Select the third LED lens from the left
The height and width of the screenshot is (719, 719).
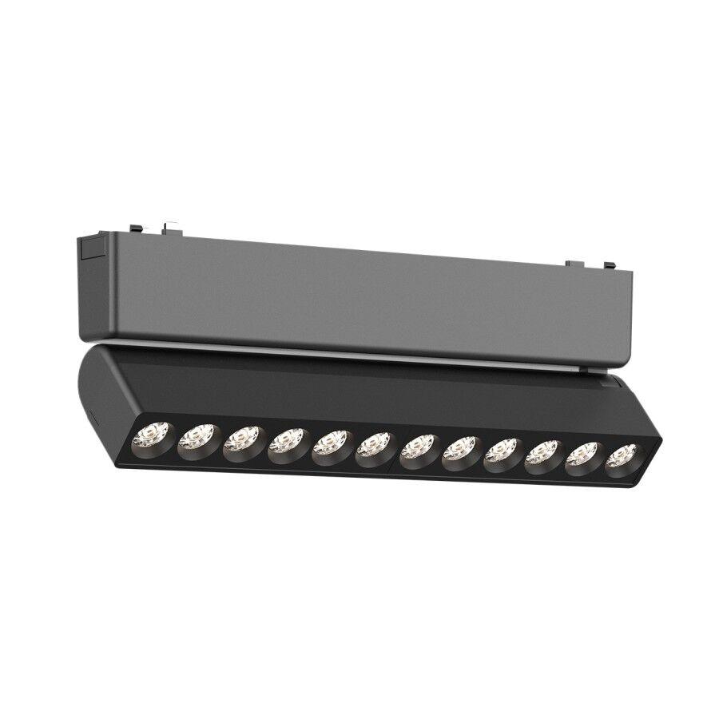tap(240, 441)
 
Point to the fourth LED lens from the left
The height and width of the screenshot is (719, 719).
tap(286, 443)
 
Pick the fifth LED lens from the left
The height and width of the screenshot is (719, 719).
tap(330, 445)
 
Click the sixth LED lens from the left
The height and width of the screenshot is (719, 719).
tap(375, 447)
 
